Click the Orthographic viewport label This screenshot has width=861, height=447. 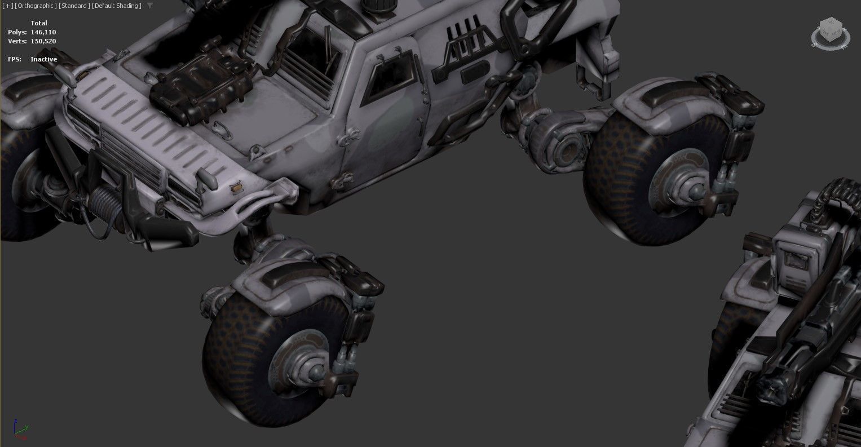[36, 6]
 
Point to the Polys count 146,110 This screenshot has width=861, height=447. [43, 32]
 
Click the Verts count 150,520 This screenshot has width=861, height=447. [43, 41]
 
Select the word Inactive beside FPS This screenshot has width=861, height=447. [44, 59]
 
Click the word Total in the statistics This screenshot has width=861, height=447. [39, 23]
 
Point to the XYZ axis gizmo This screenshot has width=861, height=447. [20, 430]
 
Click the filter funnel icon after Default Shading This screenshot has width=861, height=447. [149, 6]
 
